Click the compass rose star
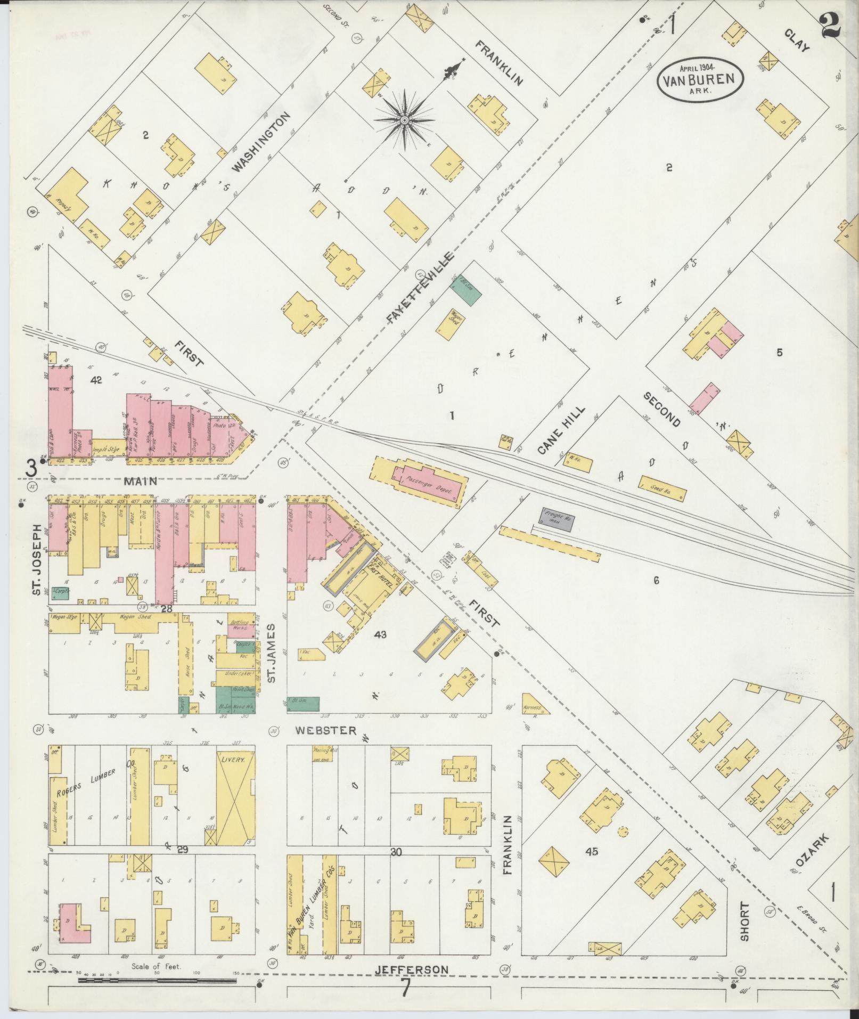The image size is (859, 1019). pyautogui.click(x=404, y=121)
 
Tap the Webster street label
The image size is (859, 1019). pyautogui.click(x=326, y=730)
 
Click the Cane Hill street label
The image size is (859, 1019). pyautogui.click(x=561, y=430)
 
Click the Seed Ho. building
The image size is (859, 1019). pyautogui.click(x=662, y=488)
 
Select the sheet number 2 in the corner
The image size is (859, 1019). pyautogui.click(x=831, y=25)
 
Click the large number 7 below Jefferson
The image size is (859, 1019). pyautogui.click(x=406, y=989)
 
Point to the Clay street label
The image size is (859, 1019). pyautogui.click(x=797, y=39)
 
